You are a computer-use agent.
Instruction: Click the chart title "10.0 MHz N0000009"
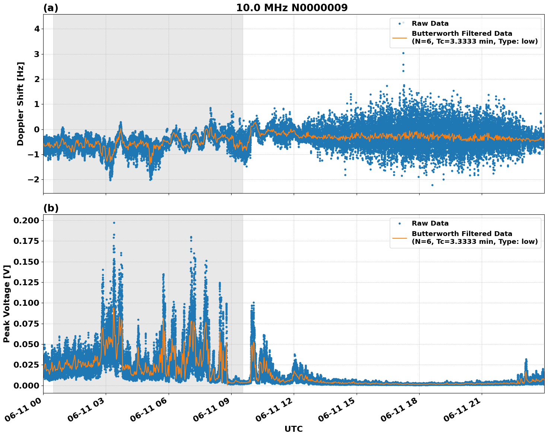pos(291,8)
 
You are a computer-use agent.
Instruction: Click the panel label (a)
pos(51,8)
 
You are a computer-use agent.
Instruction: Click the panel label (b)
pos(51,208)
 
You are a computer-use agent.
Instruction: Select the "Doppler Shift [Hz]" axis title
pos(20,104)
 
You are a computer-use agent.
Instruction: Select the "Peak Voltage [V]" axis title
pos(6,304)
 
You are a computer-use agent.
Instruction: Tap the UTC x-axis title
pos(293,429)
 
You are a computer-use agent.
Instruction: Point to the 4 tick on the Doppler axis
pos(37,29)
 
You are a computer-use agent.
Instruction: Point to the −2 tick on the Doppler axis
pos(34,180)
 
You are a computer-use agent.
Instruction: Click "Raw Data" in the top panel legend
pos(430,23)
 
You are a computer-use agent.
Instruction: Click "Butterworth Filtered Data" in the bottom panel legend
pos(462,234)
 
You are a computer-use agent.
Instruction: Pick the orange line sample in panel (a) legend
pos(399,37)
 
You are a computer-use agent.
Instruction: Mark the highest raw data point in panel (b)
pos(114,223)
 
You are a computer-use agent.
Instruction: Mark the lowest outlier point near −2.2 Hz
pos(432,185)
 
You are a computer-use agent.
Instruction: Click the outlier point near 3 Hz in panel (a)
pos(403,53)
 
